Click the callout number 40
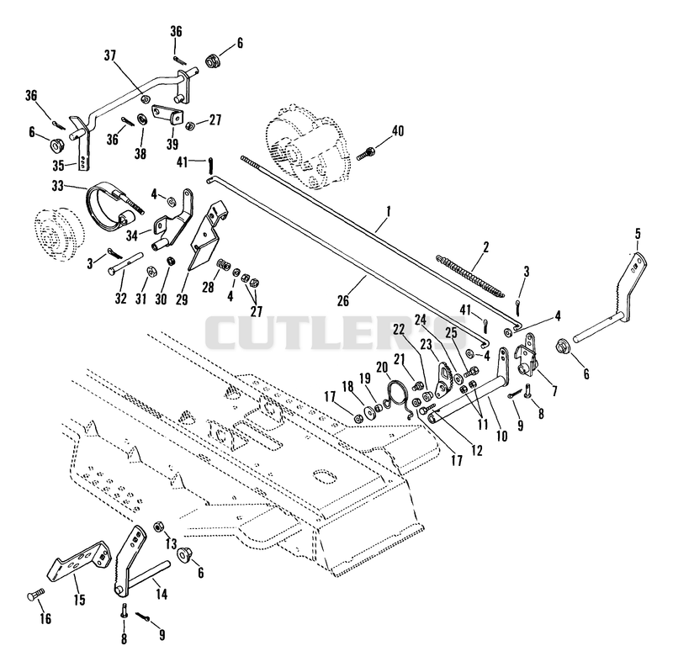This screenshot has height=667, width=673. [x=398, y=131]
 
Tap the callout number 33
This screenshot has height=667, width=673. [x=57, y=186]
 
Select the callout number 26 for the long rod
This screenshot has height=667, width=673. [x=343, y=301]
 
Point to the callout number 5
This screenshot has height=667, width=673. [x=638, y=234]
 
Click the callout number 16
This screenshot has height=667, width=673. [x=45, y=618]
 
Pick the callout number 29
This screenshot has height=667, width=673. [x=182, y=299]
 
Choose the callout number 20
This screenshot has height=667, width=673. [x=382, y=368]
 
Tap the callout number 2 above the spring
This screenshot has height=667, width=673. [x=485, y=247]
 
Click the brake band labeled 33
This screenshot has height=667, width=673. [x=116, y=204]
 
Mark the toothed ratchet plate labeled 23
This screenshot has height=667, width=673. [x=443, y=380]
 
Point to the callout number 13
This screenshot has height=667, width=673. [x=171, y=544]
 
